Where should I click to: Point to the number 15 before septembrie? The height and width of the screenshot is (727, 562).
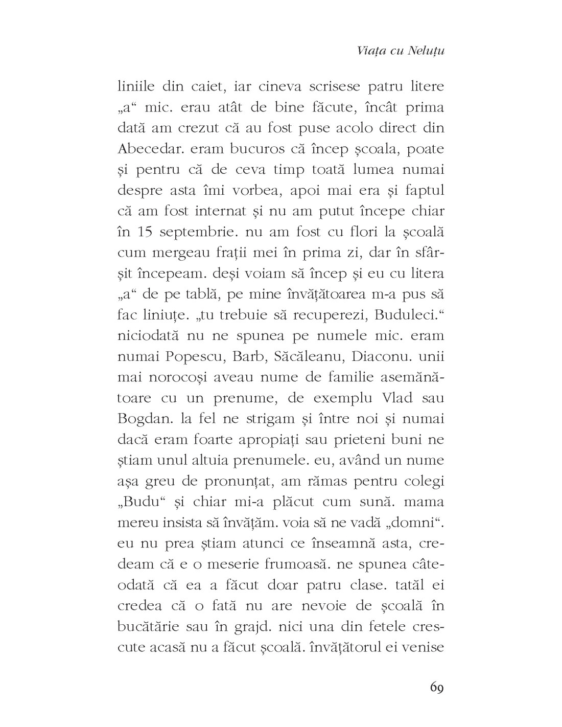[144, 232]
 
